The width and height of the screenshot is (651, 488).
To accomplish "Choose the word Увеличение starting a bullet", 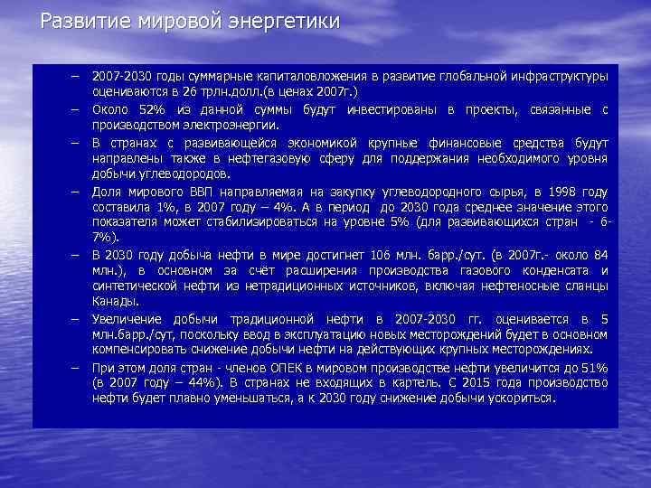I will pos(127,319).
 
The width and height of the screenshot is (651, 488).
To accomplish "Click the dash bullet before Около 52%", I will pos(79,110).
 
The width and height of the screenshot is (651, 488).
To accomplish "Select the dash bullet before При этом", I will pos(79,367).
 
